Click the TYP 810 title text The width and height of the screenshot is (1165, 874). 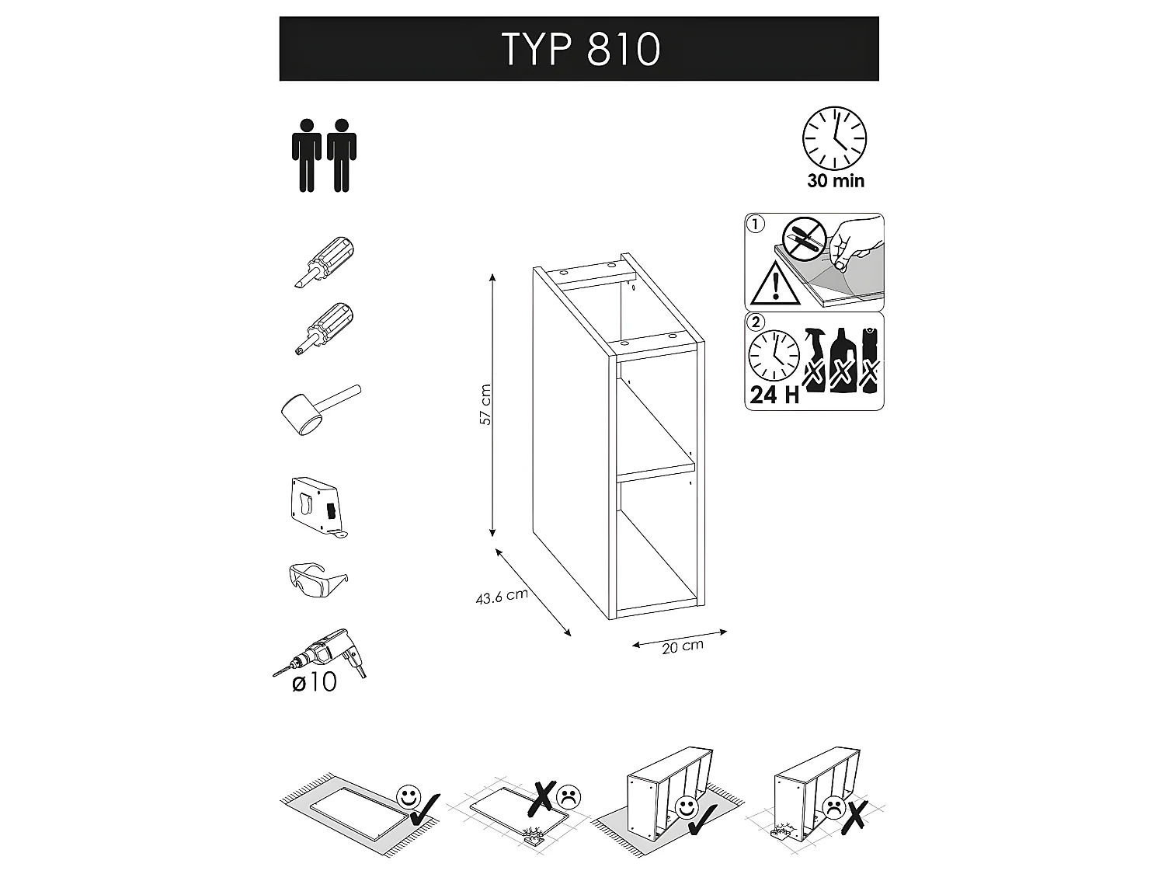(x=581, y=49)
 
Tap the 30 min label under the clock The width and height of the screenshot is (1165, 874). (x=836, y=181)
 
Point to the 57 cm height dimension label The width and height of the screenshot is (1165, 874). (x=485, y=404)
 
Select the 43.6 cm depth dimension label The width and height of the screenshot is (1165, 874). (x=502, y=597)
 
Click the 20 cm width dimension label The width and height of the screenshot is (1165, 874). (x=683, y=646)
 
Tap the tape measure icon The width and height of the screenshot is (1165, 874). (x=318, y=507)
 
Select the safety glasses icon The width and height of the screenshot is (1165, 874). (x=318, y=580)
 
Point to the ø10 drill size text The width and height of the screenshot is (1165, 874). (x=315, y=682)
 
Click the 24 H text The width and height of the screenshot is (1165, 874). (x=774, y=395)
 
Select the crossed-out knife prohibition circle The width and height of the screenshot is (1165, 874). (x=805, y=239)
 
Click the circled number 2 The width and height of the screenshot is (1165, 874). (x=756, y=322)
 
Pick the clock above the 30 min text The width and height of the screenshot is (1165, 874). (x=834, y=138)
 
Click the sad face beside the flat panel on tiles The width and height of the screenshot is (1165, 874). (x=569, y=796)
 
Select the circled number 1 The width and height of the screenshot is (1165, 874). (x=755, y=224)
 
